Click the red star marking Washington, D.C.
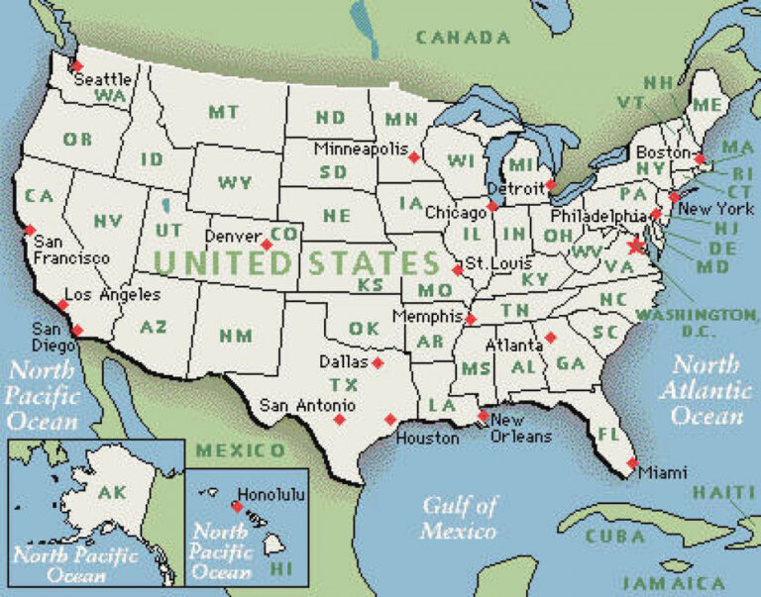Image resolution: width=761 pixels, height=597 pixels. [636, 245]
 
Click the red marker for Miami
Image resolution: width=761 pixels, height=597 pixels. [632, 462]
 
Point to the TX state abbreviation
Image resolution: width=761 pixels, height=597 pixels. [344, 384]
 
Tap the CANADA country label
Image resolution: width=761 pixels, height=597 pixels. [463, 38]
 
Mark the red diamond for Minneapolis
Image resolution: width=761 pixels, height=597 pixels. [414, 156]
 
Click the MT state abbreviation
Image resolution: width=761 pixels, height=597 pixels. [222, 112]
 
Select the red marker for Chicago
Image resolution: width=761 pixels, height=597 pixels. [491, 207]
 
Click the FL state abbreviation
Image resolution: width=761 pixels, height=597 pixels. [608, 434]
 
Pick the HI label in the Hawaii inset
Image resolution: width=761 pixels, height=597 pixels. [281, 568]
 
